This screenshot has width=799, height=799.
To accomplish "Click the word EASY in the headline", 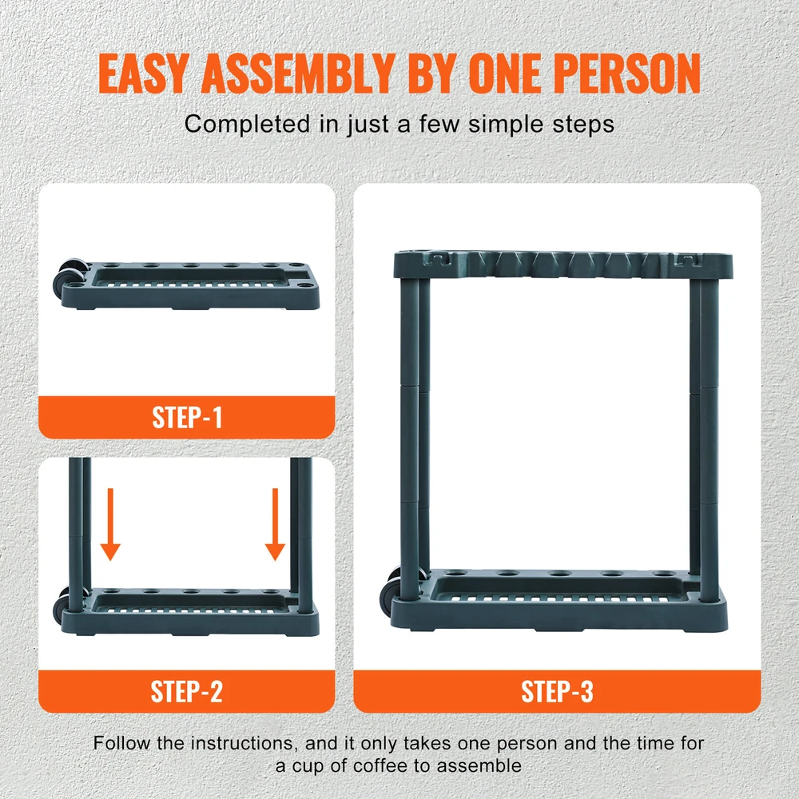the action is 143,74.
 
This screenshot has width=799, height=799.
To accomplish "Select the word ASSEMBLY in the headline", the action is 298,74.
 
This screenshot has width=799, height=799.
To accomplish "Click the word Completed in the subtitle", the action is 247,124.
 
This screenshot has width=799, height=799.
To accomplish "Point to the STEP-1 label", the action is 187,418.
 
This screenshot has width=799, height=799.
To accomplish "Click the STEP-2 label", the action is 186,691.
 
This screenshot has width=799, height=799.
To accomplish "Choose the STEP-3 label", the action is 557,691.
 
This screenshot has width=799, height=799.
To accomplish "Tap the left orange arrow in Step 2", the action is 110,524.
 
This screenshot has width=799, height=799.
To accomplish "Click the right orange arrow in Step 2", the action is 275,524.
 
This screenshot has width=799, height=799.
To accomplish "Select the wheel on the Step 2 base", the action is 64,604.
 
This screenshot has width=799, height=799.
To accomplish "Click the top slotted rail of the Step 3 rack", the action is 563,264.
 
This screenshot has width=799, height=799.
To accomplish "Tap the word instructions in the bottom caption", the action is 243,743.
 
